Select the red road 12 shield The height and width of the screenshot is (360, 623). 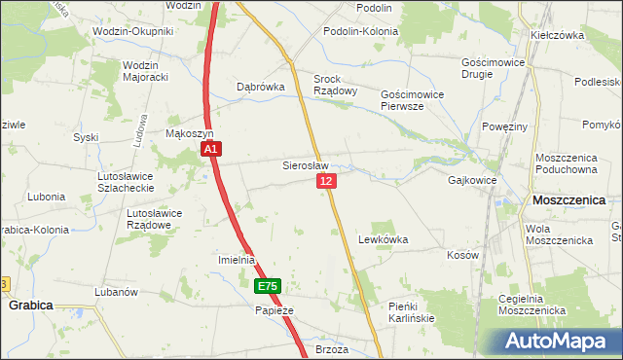(x=326, y=182)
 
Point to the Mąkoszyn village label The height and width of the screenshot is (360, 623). (x=189, y=133)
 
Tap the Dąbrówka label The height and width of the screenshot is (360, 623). (x=261, y=87)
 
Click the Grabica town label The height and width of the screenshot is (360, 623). (x=30, y=305)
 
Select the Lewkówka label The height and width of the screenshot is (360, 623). (x=383, y=238)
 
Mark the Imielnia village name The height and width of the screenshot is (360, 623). (x=236, y=260)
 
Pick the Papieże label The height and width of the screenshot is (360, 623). (x=274, y=310)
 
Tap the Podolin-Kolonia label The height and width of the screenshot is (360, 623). (x=363, y=31)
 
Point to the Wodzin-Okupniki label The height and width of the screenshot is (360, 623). (x=132, y=31)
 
